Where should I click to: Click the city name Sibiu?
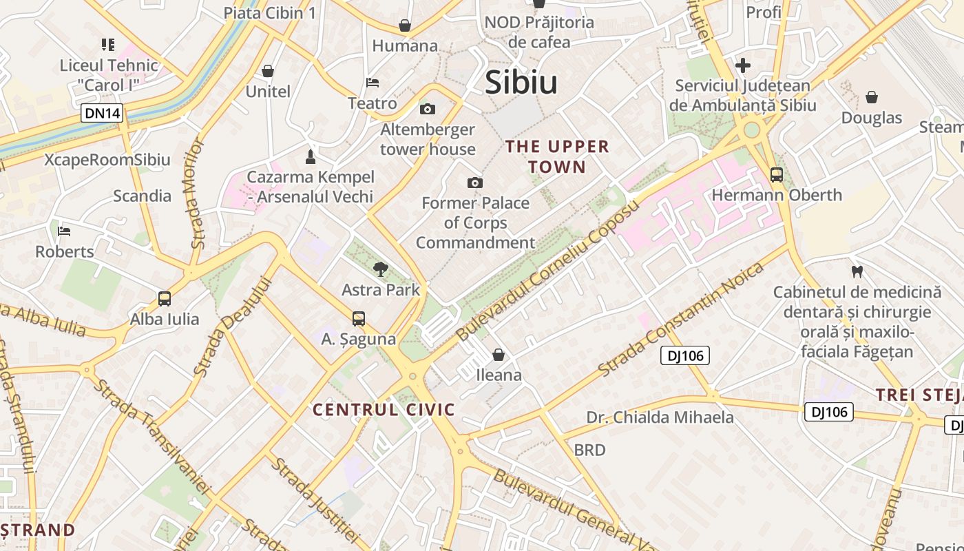click(521, 83)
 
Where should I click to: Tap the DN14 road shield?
click(102, 113)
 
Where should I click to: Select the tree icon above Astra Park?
click(379, 269)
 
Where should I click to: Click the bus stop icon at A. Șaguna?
click(359, 319)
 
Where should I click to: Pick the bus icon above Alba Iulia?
click(165, 299)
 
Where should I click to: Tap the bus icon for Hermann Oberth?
click(777, 175)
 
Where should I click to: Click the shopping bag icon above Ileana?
click(499, 355)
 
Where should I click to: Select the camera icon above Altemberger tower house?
click(428, 110)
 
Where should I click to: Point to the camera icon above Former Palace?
click(474, 183)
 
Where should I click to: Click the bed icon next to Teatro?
click(373, 83)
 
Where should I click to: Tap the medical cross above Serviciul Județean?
click(742, 66)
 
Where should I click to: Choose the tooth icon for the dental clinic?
click(857, 272)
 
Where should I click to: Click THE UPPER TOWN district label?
click(558, 156)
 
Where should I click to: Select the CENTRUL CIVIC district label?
click(384, 410)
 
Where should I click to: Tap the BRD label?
click(589, 450)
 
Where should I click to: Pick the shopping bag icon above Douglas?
click(872, 97)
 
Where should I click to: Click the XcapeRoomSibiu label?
click(107, 160)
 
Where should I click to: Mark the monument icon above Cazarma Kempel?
click(311, 156)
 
